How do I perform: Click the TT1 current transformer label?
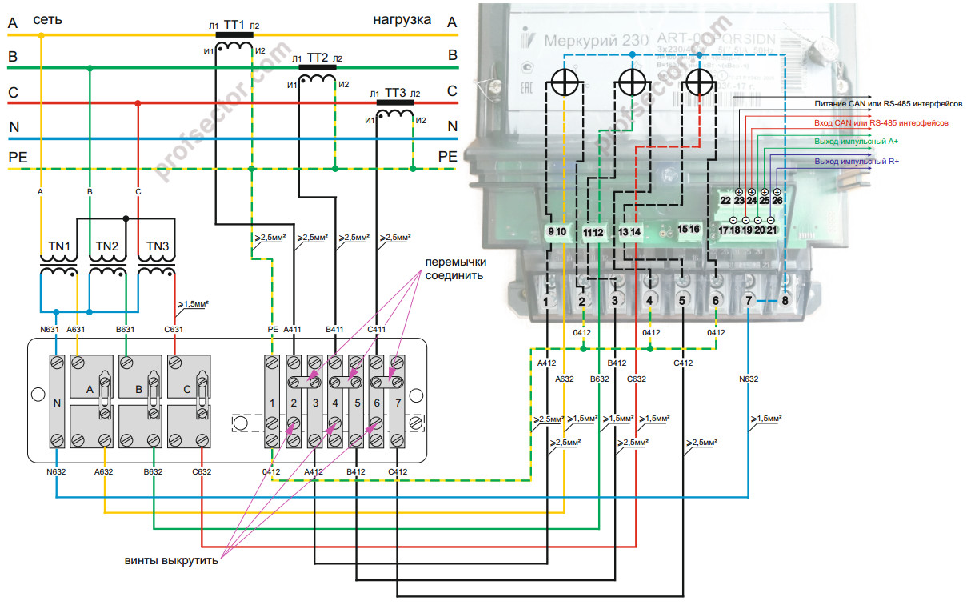(x=234, y=26)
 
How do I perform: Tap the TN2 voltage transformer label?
(x=107, y=246)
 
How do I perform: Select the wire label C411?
(x=377, y=329)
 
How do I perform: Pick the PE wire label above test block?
(x=271, y=329)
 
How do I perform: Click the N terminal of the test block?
(x=57, y=403)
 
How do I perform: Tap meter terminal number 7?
(x=748, y=301)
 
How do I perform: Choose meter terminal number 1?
(x=545, y=301)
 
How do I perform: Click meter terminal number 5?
(x=681, y=301)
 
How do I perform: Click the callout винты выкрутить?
(x=171, y=559)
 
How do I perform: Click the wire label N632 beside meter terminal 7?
(x=749, y=379)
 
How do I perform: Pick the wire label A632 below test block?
(x=104, y=471)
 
